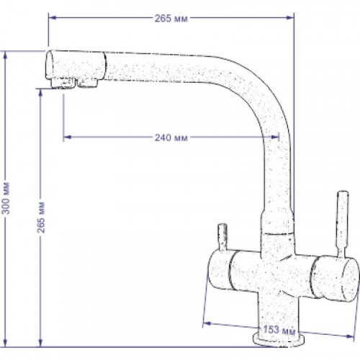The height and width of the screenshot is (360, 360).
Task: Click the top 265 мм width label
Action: [171, 18]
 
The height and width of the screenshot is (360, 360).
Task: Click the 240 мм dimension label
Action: [171, 138]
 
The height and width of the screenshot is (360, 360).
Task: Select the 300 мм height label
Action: [6, 198]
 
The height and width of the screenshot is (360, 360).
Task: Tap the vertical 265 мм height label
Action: [41, 217]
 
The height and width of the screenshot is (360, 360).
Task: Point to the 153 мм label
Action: [279, 330]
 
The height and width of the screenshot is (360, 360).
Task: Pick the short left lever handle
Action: [222, 237]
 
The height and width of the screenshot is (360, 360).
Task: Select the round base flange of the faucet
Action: [279, 339]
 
